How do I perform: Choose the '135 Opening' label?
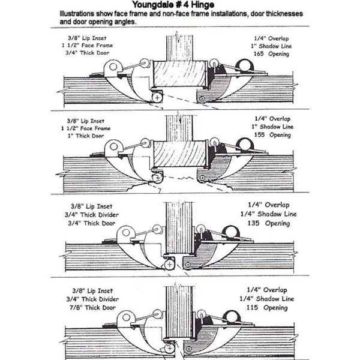click(268, 223)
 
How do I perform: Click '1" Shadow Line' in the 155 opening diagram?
click(272, 127)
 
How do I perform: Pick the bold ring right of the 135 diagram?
click(230, 232)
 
